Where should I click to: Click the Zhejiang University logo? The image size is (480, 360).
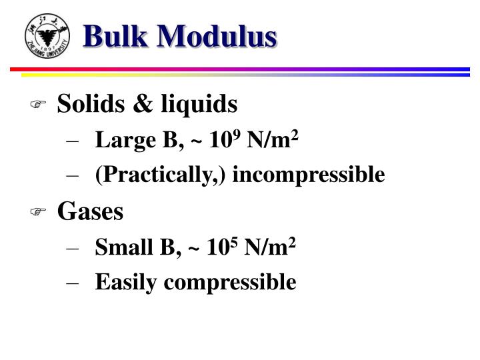[46, 35]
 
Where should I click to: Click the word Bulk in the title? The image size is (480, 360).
[116, 35]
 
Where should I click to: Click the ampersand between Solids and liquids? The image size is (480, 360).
[141, 105]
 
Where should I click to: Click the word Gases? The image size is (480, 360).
[90, 212]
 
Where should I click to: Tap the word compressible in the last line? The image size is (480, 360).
[230, 283]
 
